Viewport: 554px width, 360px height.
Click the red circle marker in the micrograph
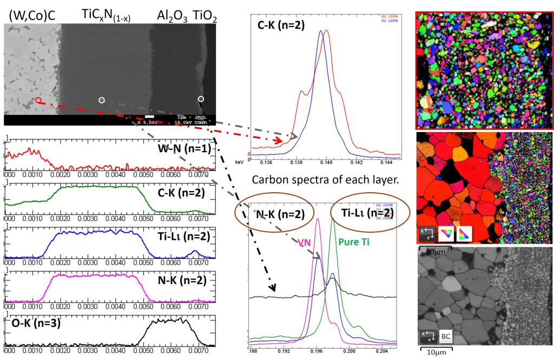point(38,100)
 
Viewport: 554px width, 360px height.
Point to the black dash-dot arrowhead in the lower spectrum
point(274,290)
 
